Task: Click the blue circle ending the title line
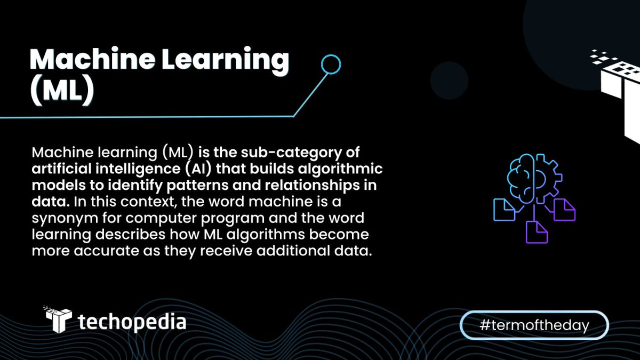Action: [330, 65]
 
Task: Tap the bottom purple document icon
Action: [537, 232]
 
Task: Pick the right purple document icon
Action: [564, 209]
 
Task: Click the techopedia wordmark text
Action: [132, 322]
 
